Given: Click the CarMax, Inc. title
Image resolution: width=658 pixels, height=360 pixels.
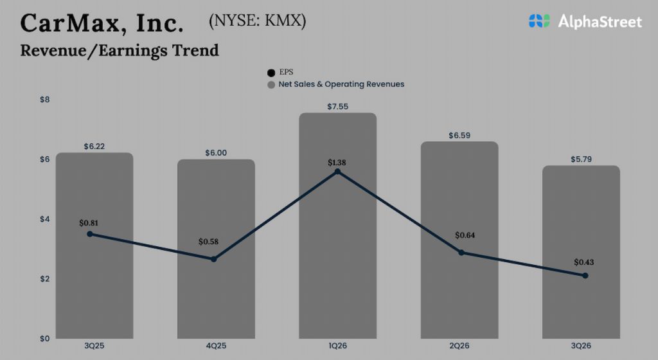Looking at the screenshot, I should [102, 23].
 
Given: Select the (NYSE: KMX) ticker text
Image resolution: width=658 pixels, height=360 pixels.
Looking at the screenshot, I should [258, 21].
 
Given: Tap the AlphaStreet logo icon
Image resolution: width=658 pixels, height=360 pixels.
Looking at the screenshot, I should [540, 21].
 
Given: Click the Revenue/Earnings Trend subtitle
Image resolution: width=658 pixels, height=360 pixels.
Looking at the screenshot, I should [120, 50].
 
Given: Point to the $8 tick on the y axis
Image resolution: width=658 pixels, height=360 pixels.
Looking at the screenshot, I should [45, 100].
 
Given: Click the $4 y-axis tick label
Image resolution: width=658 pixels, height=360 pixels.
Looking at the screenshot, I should [45, 219].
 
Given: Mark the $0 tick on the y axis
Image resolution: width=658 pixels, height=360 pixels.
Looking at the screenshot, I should [45, 339].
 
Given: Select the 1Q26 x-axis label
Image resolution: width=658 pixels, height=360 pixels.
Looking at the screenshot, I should [337, 346].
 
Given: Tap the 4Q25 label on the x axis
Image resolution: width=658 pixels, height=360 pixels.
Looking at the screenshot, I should [216, 346].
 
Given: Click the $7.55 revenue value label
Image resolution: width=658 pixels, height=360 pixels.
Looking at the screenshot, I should [337, 107].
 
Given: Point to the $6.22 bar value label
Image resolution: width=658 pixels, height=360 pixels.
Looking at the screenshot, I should [94, 146].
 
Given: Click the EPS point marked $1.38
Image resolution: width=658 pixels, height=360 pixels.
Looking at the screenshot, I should [337, 172].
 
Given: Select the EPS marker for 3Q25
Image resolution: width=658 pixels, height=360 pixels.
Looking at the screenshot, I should [90, 234].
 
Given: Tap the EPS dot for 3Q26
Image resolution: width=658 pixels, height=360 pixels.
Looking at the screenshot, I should [585, 275].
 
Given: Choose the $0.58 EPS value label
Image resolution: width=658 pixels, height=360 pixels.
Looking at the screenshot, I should [209, 242].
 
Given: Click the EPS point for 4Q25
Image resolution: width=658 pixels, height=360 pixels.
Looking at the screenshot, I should [213, 259].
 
